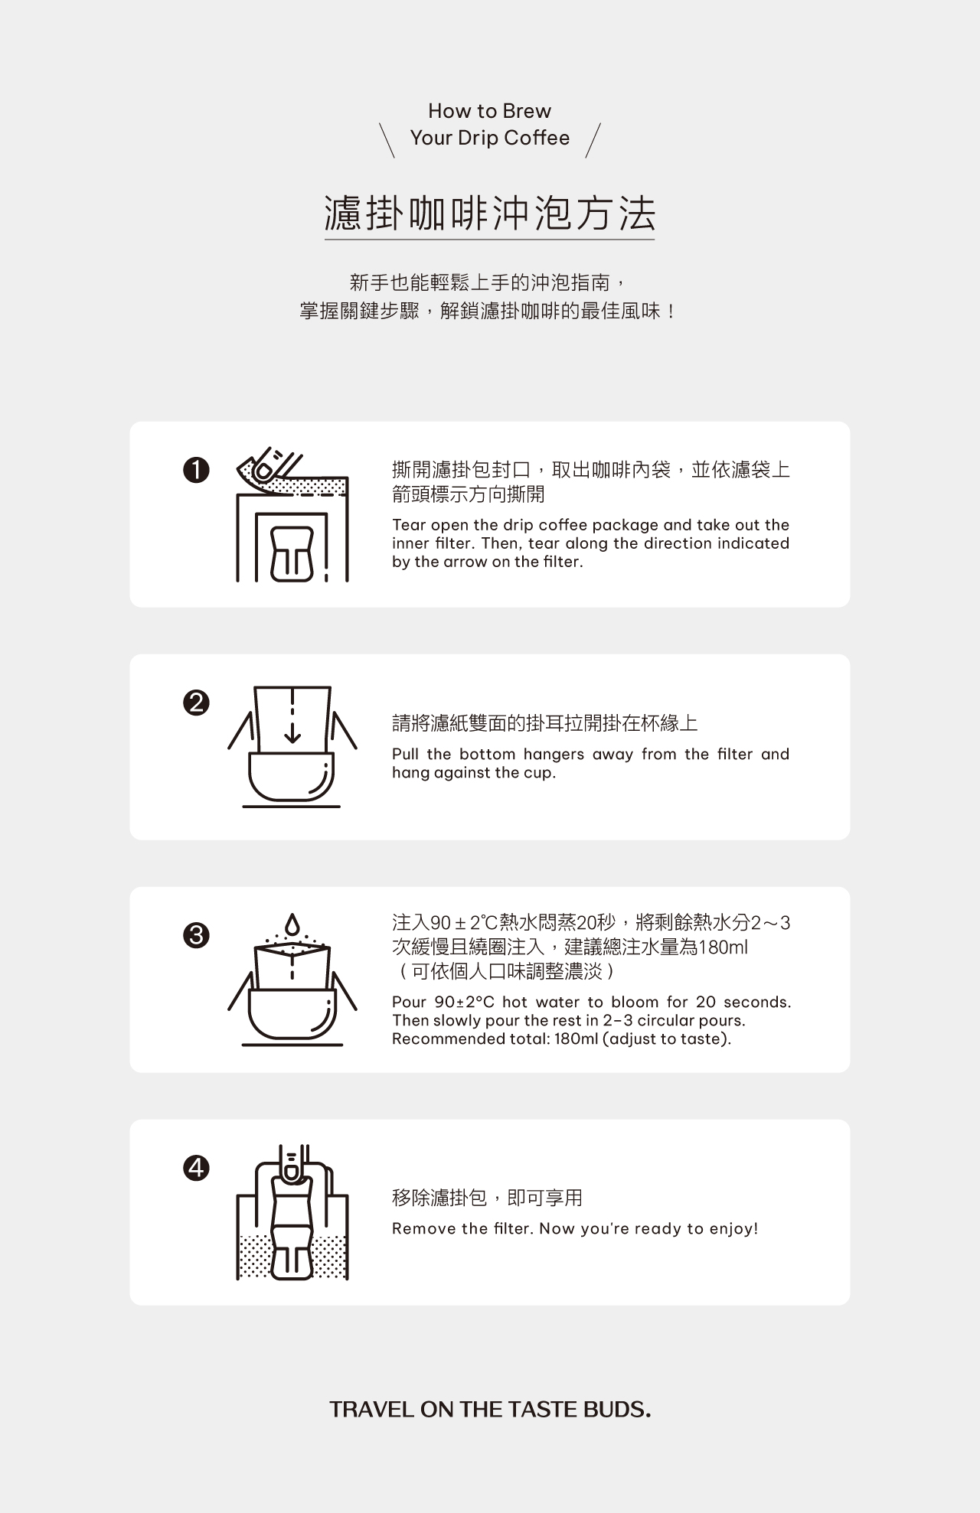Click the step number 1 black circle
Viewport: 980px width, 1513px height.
[x=196, y=470]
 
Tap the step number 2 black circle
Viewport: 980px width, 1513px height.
[x=196, y=703]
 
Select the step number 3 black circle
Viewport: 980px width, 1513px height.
[x=196, y=935]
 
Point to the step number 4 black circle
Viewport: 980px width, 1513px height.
[x=196, y=1168]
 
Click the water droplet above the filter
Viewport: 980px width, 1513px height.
[x=292, y=923]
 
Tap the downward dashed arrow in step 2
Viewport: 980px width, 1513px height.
[x=292, y=716]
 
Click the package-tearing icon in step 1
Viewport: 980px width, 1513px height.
[x=292, y=514]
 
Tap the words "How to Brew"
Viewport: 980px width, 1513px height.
[x=490, y=111]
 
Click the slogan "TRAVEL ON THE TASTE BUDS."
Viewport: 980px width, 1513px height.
[x=490, y=1410]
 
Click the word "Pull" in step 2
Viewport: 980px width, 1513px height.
[x=404, y=755]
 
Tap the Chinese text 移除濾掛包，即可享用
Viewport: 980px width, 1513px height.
[x=487, y=1198]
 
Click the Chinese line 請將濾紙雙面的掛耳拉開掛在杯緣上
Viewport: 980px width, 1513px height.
[x=544, y=723]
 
